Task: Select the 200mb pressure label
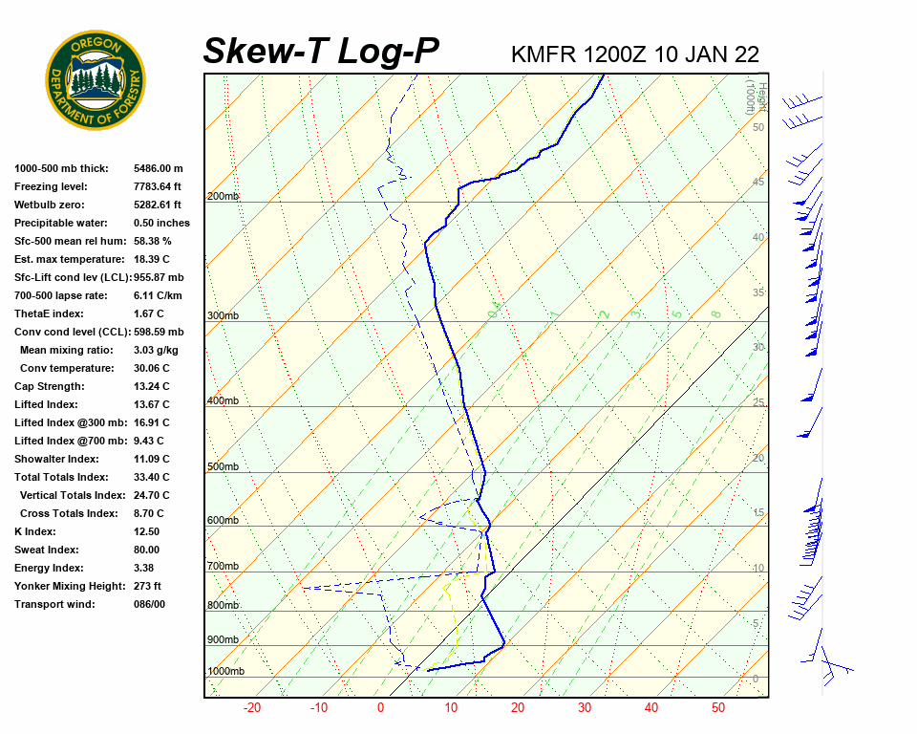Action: (x=223, y=197)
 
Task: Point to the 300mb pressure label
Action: (x=223, y=315)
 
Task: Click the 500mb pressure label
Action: (x=223, y=466)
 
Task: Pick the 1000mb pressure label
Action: (x=225, y=672)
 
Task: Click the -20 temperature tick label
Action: (x=252, y=708)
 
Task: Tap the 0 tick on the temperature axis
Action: (x=380, y=708)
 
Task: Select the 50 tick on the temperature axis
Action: (x=718, y=708)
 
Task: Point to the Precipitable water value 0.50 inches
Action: (x=161, y=223)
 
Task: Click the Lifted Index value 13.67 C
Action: (x=151, y=404)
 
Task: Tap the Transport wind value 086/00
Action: (x=149, y=604)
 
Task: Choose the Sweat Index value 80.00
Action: (x=146, y=550)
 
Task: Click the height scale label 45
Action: (x=758, y=183)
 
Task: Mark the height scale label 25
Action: (x=758, y=402)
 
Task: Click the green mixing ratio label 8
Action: (x=714, y=313)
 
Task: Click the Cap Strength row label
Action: (x=49, y=386)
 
